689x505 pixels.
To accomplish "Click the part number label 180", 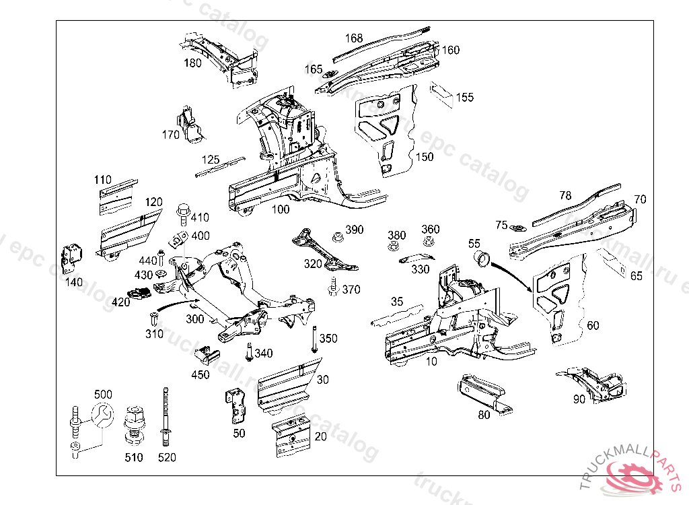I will (x=193, y=63).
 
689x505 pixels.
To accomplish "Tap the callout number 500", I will (x=103, y=394).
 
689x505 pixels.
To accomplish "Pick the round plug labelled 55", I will (x=481, y=257).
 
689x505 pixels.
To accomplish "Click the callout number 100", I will (x=280, y=209).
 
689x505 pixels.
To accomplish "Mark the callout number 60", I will (x=593, y=326).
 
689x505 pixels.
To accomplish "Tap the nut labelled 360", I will (x=428, y=242).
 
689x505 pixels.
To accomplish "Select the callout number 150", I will (x=425, y=157).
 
